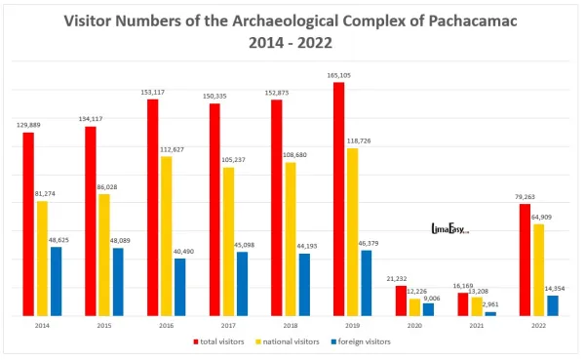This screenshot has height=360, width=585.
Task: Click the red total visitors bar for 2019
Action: pos(338,199)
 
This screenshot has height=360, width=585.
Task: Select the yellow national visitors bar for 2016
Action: pos(166,236)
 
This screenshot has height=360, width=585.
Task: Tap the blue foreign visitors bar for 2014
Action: pos(56,281)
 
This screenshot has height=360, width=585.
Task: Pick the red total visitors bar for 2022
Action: pos(525,260)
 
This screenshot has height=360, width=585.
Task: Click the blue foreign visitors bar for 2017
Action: pos(242,284)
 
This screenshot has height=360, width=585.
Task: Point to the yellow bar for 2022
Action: pos(539,270)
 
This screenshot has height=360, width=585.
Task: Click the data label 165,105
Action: pos(338,74)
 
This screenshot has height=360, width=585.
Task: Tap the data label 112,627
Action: pos(172,149)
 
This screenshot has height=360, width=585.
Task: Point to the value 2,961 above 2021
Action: pos(490,304)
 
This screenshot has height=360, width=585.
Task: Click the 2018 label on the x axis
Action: pos(290,325)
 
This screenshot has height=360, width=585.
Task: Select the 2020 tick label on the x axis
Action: pos(414,325)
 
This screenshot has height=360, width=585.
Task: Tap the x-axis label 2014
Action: pos(42,325)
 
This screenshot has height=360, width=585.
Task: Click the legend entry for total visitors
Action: pos(220,341)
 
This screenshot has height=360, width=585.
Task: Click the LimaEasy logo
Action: pos(450,230)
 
